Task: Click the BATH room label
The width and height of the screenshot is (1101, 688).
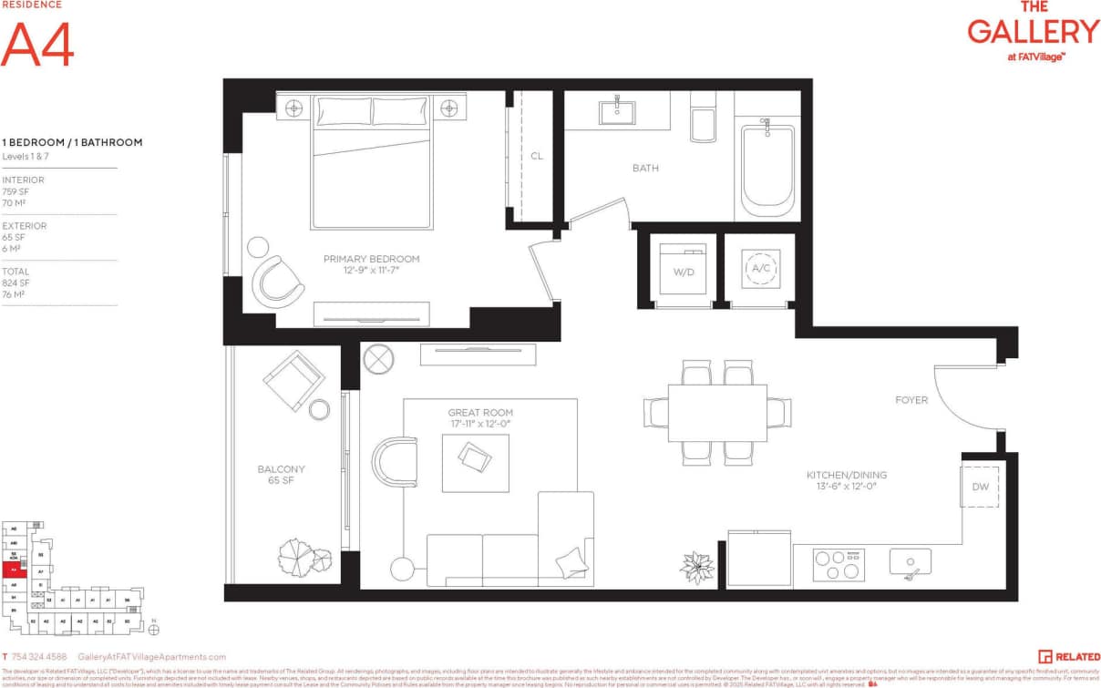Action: coord(645,168)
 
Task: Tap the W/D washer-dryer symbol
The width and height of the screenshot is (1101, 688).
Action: coord(683,269)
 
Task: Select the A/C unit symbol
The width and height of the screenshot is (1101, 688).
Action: coord(760,269)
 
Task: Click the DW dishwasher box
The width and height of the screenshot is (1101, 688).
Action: coord(980,487)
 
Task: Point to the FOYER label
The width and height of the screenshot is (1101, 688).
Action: coord(911,400)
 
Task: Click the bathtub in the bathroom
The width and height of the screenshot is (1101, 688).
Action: coord(767,169)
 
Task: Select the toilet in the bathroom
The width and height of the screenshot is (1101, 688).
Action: coord(703,118)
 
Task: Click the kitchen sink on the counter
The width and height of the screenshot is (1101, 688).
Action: coord(910,562)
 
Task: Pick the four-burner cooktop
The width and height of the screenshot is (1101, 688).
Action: coord(839,565)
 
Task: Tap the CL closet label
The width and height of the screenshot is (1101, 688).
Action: coord(537,156)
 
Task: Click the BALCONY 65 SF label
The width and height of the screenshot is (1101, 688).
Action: coord(281,475)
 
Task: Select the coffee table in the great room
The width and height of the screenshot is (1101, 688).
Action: coord(475,462)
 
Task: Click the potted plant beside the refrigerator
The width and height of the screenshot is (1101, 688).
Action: coord(697,566)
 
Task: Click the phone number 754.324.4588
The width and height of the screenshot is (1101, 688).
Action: coord(41,656)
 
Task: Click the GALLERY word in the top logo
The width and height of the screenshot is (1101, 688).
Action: coord(1033,32)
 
